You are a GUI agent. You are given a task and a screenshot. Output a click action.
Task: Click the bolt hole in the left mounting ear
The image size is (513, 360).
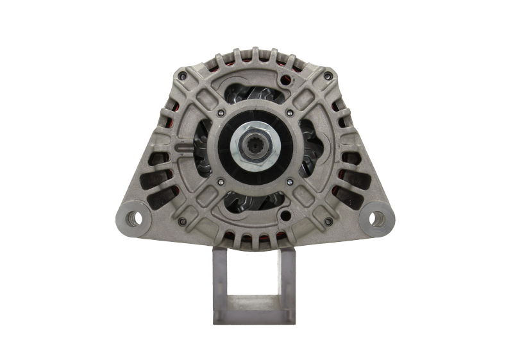(x=135, y=218)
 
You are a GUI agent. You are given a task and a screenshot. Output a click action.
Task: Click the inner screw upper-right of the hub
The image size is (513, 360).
(x=289, y=114)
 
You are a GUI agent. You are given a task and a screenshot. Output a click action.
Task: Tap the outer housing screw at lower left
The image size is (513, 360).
(x=184, y=222)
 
